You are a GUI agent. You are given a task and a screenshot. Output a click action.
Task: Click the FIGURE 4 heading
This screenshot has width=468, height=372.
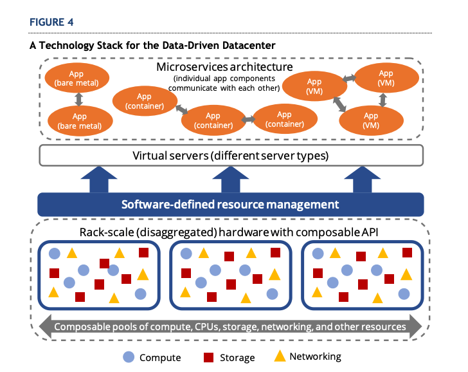point(51,22)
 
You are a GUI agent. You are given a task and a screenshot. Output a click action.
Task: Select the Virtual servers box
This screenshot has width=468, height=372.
point(231,155)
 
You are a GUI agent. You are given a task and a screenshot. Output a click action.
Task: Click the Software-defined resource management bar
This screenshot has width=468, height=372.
point(231,205)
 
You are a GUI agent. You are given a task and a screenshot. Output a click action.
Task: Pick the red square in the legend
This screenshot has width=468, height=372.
point(209,357)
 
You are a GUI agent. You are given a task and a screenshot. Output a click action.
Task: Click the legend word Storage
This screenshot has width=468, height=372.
point(237,358)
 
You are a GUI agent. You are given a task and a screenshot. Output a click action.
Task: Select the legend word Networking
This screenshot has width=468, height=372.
point(315,357)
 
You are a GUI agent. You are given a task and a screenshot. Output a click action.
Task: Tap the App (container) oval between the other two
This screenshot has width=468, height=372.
point(213,120)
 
